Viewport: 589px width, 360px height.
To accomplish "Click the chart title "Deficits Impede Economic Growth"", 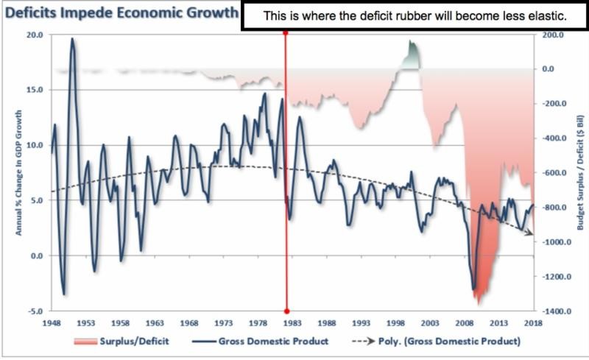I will (x=121, y=13).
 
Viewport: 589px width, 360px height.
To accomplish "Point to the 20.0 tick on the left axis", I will (x=34, y=35).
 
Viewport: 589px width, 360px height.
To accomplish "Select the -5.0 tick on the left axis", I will (x=34, y=311).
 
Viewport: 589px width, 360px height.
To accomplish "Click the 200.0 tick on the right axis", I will (x=553, y=35).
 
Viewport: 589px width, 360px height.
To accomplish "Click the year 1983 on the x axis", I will (x=293, y=323).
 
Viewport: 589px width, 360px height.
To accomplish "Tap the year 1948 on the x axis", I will (x=51, y=323).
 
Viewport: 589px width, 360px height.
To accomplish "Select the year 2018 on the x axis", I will (x=534, y=323).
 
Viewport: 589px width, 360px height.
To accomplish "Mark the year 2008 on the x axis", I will (x=465, y=323).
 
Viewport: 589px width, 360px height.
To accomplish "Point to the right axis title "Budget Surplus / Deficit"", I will (x=579, y=173).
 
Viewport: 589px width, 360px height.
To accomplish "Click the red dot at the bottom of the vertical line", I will (x=286, y=311).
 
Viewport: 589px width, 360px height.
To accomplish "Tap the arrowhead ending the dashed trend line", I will (x=532, y=234).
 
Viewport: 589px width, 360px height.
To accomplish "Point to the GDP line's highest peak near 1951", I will (x=72, y=39).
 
